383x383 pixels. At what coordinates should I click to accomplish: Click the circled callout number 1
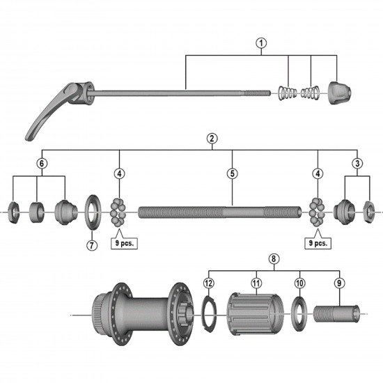pos(261,43)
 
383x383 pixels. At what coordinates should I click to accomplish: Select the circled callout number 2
pos(211,139)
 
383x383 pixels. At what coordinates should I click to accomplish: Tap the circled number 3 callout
pos(357,162)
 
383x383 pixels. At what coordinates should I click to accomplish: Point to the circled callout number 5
pos(232,173)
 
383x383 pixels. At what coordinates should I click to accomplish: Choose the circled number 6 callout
pos(42,162)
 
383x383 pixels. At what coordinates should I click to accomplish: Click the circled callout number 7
pos(90,244)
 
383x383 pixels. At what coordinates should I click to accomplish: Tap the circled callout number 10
pos(299,283)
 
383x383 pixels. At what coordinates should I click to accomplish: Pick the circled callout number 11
pos(256,283)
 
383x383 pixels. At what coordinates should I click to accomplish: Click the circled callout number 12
pos(208,283)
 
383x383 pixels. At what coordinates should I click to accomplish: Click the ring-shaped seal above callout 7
pos(91,210)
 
